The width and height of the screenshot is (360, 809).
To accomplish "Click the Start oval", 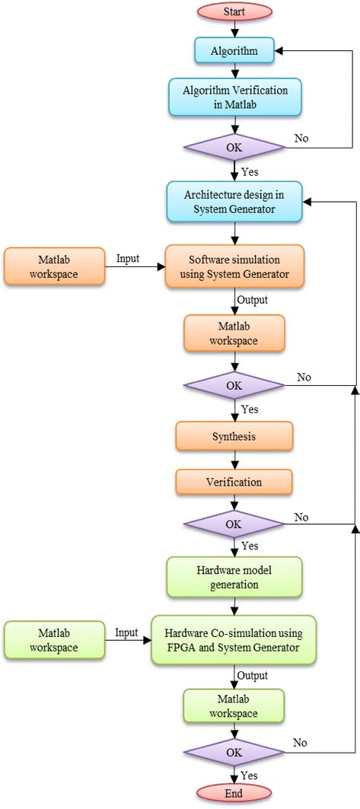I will tap(234, 11).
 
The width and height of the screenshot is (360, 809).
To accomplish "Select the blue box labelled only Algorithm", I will tap(234, 51).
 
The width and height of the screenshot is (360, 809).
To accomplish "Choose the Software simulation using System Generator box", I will tap(234, 266).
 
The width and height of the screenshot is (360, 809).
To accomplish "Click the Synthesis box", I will tap(234, 437).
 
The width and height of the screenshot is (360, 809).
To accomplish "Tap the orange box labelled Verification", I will tap(234, 481).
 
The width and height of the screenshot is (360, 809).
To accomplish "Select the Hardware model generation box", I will tap(234, 578).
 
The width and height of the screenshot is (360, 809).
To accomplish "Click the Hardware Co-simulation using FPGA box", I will tap(234, 639).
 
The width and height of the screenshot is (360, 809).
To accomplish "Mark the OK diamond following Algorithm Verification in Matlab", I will tap(234, 147).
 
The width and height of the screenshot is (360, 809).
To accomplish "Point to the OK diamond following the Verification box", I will tap(234, 524).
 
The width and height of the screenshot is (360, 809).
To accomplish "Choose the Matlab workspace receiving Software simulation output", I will tap(234, 333).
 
